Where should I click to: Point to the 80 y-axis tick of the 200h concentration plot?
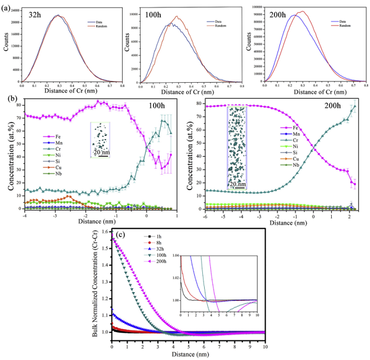pyautogui.click(x=205, y=105)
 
